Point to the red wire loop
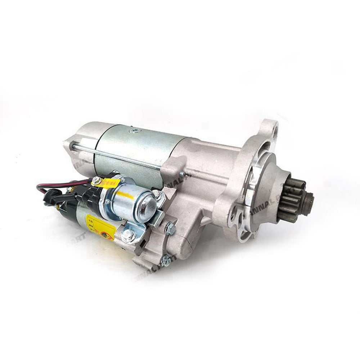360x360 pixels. click(x=54, y=186)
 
